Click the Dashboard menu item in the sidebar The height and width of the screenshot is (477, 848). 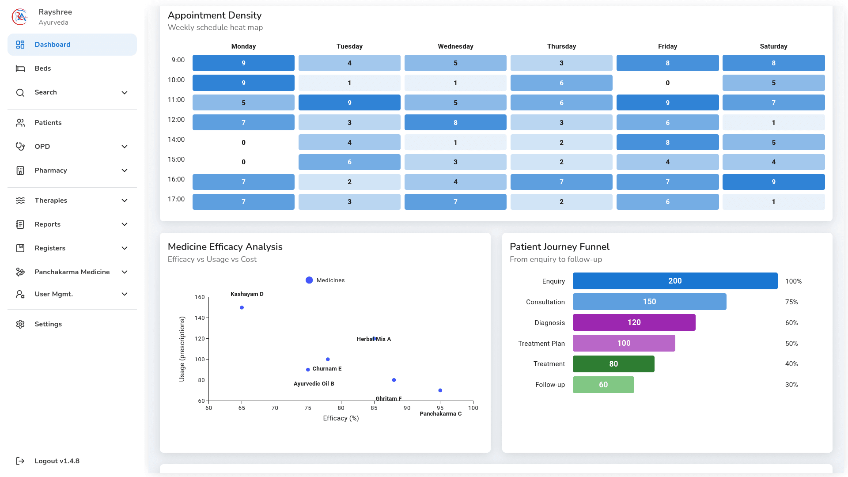(x=52, y=45)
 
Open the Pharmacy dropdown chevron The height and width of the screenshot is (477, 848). (x=125, y=170)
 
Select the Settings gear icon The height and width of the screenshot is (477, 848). (x=20, y=324)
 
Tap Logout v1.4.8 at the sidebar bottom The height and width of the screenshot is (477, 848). (x=57, y=461)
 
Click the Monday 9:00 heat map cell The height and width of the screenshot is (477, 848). (x=243, y=63)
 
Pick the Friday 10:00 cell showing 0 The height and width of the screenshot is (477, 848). (x=667, y=83)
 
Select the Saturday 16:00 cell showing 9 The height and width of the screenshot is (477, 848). (x=773, y=182)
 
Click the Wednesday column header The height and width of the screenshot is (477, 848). (x=455, y=46)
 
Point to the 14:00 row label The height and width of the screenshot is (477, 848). (x=176, y=140)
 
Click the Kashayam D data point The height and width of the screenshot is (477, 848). (x=242, y=308)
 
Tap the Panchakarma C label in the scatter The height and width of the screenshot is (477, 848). (x=440, y=414)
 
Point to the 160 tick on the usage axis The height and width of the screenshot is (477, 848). (x=200, y=297)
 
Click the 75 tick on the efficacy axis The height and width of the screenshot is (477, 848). (x=308, y=408)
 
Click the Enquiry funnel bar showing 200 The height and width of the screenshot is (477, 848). (x=675, y=281)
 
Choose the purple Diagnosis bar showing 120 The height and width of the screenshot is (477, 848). (x=634, y=322)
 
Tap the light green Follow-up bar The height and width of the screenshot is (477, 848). (x=603, y=385)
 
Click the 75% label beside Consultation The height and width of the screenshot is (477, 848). (x=791, y=302)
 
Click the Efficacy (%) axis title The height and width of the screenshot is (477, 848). (x=341, y=418)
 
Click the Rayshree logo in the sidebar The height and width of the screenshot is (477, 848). (x=20, y=17)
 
